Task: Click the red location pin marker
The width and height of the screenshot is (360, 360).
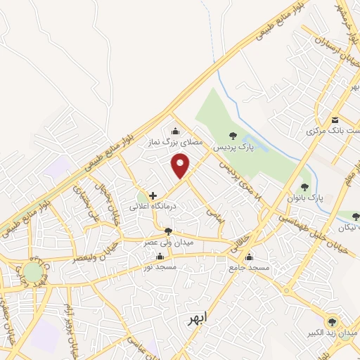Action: click(x=181, y=167)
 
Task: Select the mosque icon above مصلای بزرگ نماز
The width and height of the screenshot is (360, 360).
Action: click(x=175, y=131)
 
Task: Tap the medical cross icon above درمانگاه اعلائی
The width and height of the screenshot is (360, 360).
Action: click(x=153, y=195)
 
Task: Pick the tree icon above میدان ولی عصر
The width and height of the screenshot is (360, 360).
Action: click(x=167, y=231)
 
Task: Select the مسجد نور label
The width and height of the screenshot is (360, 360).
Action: click(x=160, y=268)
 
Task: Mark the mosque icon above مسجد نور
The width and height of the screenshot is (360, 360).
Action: click(x=160, y=257)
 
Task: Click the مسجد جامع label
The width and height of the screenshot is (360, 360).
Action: click(x=245, y=268)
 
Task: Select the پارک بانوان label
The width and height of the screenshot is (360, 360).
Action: click(x=304, y=199)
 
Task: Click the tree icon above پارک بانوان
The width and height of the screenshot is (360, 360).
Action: click(x=304, y=187)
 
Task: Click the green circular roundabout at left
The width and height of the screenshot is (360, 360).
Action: click(x=32, y=272)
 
